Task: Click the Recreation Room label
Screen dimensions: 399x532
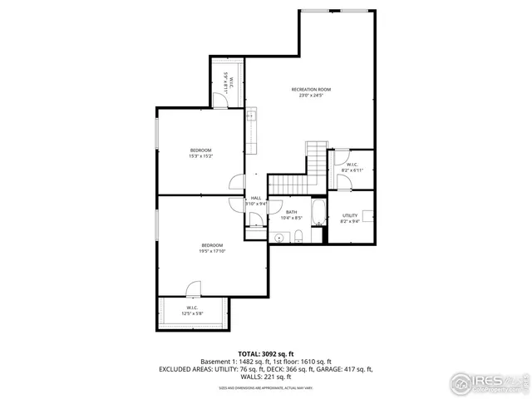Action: point(311,89)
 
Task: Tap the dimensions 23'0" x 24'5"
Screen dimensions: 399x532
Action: point(311,95)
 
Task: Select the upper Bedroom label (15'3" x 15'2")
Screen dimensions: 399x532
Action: point(200,150)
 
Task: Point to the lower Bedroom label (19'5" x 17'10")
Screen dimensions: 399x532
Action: point(211,244)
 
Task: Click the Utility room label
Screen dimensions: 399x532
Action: point(349,215)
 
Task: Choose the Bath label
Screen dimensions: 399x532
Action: point(291,212)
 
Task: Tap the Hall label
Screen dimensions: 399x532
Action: point(255,198)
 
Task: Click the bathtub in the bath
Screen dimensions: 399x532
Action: point(318,212)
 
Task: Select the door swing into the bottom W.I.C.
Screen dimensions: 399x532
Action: point(193,290)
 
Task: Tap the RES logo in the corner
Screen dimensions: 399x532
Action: point(489,382)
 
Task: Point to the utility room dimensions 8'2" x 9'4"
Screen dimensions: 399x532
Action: point(349,221)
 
